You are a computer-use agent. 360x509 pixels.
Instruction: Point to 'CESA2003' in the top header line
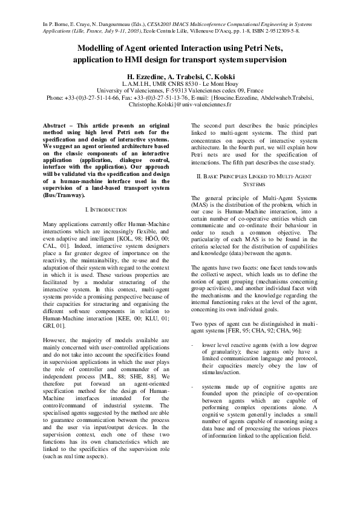point(159,22)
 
